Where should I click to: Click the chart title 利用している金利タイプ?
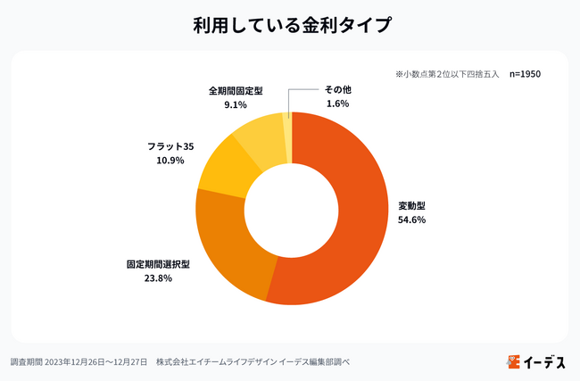click(x=290, y=25)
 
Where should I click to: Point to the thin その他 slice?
click(x=287, y=125)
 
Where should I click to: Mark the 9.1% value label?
click(x=236, y=104)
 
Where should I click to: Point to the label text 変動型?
click(x=411, y=205)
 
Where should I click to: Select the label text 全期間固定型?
click(x=236, y=90)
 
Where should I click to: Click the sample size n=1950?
click(x=526, y=74)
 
